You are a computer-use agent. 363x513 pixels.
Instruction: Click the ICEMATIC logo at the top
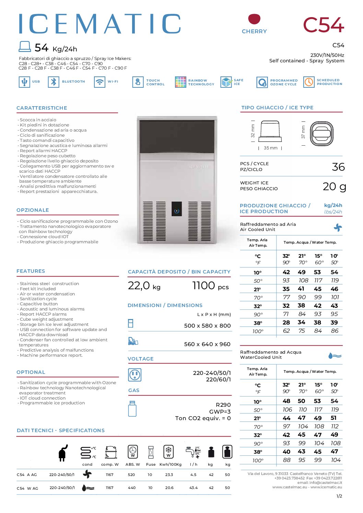coord(99,24)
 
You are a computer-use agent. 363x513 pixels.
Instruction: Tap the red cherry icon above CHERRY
coord(254,19)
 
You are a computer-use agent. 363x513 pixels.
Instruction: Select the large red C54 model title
coord(323,25)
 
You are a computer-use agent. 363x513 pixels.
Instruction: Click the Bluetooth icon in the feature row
coord(54,82)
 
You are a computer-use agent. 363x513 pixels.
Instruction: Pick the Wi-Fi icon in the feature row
coord(99,82)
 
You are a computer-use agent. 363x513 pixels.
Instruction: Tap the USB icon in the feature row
coord(24,82)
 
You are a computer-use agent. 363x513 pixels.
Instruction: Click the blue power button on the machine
coord(177,211)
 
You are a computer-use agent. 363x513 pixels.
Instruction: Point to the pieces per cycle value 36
coord(338,167)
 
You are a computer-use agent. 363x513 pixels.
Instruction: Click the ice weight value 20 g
coord(334,186)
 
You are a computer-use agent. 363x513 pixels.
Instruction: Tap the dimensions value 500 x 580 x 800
coord(207,326)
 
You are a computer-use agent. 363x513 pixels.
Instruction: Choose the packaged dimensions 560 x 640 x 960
coord(207,344)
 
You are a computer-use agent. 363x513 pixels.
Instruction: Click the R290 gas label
coord(223,405)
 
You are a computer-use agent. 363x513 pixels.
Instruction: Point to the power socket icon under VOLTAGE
coord(134,375)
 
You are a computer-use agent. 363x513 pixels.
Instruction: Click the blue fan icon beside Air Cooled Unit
coord(338,228)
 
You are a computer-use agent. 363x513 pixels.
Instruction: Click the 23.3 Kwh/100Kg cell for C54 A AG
coord(169,475)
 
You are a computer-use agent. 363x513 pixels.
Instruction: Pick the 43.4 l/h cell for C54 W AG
coord(194,488)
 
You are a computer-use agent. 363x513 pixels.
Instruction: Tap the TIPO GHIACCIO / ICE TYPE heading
coord(277,108)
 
